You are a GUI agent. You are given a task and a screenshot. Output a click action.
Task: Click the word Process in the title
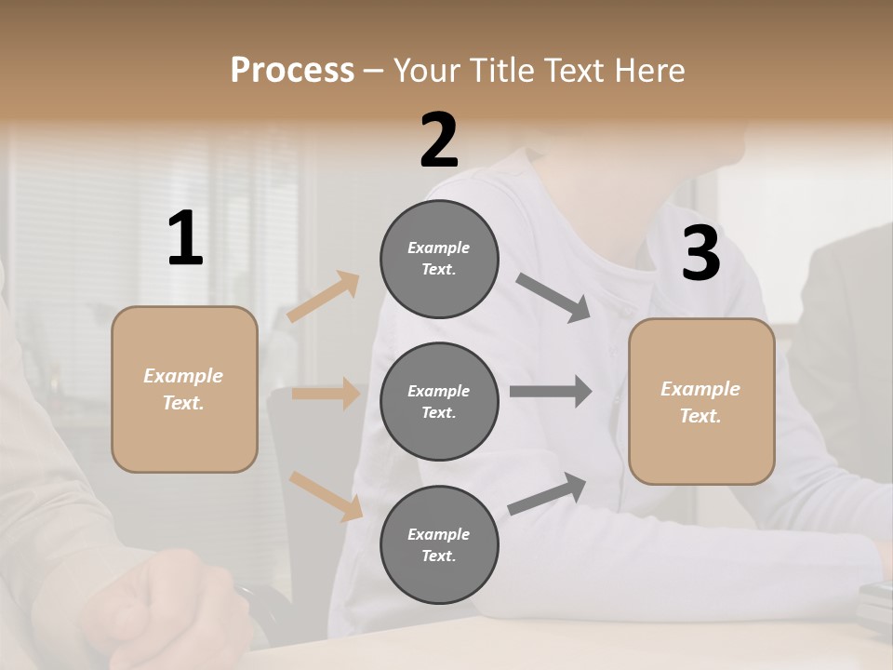pyautogui.click(x=292, y=70)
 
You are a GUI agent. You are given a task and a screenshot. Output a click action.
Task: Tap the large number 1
pyautogui.click(x=185, y=238)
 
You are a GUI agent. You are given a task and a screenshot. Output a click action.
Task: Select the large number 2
pyautogui.click(x=439, y=141)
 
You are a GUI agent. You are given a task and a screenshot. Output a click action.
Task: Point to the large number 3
pyautogui.click(x=700, y=253)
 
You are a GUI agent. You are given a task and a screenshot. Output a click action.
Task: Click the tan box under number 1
pyautogui.click(x=184, y=389)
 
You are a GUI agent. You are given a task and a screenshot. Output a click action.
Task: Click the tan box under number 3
pyautogui.click(x=701, y=401)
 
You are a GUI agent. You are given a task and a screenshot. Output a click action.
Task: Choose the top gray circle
pyautogui.click(x=439, y=259)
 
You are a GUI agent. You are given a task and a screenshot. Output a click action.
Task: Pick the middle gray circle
pyautogui.click(x=439, y=401)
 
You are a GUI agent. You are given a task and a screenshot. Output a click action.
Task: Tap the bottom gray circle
pyautogui.click(x=439, y=544)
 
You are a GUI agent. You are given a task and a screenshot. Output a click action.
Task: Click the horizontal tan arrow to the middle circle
pyautogui.click(x=326, y=394)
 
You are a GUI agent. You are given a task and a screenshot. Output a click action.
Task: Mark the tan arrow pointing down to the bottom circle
pyautogui.click(x=326, y=495)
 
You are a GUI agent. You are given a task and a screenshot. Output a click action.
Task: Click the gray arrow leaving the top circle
pyautogui.click(x=553, y=297)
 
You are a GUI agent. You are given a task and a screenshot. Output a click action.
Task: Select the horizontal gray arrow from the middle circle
pyautogui.click(x=550, y=392)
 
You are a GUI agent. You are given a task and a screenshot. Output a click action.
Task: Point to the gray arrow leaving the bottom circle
pyautogui.click(x=547, y=494)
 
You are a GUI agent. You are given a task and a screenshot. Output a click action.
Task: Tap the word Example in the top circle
pyautogui.click(x=438, y=248)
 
